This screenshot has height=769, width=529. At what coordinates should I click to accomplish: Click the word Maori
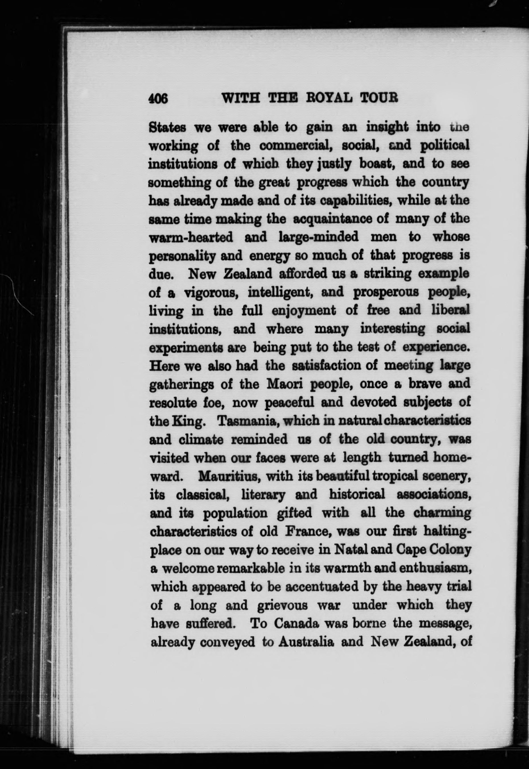tap(285, 384)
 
